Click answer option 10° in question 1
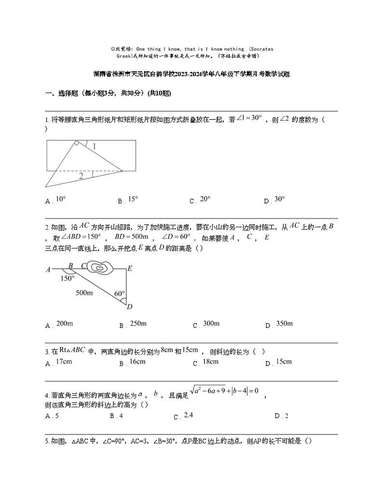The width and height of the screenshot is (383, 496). (x=60, y=199)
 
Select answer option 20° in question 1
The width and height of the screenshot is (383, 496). (x=205, y=199)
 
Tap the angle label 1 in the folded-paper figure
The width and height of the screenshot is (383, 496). (x=94, y=146)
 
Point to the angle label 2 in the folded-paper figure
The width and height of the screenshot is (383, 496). (x=81, y=176)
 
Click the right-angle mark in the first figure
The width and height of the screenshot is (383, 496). (x=76, y=143)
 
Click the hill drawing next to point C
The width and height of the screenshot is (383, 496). (x=100, y=267)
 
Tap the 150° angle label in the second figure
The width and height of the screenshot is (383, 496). (x=68, y=278)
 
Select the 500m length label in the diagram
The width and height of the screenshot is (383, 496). (x=85, y=292)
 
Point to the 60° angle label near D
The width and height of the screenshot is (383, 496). (x=120, y=293)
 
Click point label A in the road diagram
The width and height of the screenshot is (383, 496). (x=48, y=270)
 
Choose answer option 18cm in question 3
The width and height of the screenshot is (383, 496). (x=210, y=362)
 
